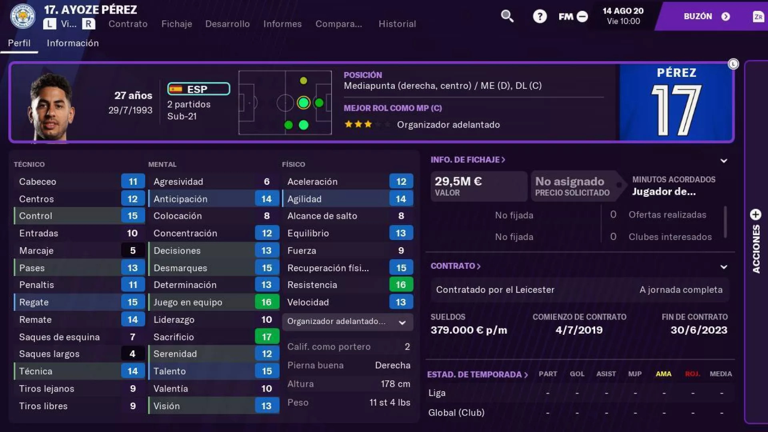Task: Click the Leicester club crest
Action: point(23,16)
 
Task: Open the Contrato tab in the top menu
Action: point(128,24)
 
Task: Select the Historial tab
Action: point(397,24)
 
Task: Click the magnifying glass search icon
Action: point(507,16)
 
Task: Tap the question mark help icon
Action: point(540,16)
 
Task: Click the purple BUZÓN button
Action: point(706,16)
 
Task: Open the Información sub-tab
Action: point(73,43)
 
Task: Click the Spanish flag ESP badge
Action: point(198,89)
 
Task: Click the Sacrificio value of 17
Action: point(267,337)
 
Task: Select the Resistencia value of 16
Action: point(401,285)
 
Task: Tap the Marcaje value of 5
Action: point(133,251)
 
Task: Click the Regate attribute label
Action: point(34,302)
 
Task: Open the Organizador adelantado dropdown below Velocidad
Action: point(347,322)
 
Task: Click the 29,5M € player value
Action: point(458,182)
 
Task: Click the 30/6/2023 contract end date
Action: point(699,330)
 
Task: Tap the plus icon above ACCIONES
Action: point(756,215)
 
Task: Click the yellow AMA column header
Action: point(663,374)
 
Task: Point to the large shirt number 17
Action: point(676,110)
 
